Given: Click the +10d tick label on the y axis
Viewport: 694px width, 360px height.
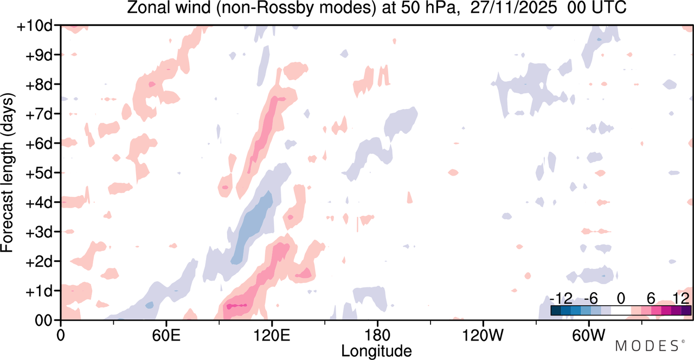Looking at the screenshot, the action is click(x=35, y=26).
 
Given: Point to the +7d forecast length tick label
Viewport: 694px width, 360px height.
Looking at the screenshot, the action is click(x=39, y=114).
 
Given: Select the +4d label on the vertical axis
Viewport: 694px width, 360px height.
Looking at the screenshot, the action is click(x=39, y=203).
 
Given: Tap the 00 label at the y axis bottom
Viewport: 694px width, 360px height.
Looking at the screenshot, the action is click(x=43, y=321).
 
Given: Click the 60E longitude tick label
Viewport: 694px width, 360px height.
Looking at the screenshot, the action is click(x=166, y=335).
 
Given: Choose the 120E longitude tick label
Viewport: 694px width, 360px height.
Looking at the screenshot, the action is click(x=272, y=335).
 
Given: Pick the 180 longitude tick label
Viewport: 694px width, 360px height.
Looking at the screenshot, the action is click(x=377, y=335).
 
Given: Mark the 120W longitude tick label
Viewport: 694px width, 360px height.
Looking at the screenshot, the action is click(x=483, y=335).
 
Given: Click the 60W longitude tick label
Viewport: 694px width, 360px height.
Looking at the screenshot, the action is click(x=588, y=335).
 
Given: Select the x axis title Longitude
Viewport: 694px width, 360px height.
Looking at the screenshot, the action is click(x=377, y=351).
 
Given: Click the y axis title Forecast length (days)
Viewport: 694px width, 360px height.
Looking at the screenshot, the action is click(x=8, y=172).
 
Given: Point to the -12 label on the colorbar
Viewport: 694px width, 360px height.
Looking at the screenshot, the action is click(x=561, y=299).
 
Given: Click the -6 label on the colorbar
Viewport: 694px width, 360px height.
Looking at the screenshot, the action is click(x=590, y=299).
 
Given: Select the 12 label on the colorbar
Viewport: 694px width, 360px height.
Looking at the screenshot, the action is click(x=681, y=299).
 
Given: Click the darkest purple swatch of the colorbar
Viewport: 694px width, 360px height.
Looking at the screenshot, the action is click(x=686, y=311).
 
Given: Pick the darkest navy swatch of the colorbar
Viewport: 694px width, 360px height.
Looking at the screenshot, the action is click(x=556, y=311).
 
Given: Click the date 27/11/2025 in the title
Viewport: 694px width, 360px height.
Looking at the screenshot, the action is click(x=513, y=8).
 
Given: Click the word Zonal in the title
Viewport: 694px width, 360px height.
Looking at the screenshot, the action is click(x=149, y=8).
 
